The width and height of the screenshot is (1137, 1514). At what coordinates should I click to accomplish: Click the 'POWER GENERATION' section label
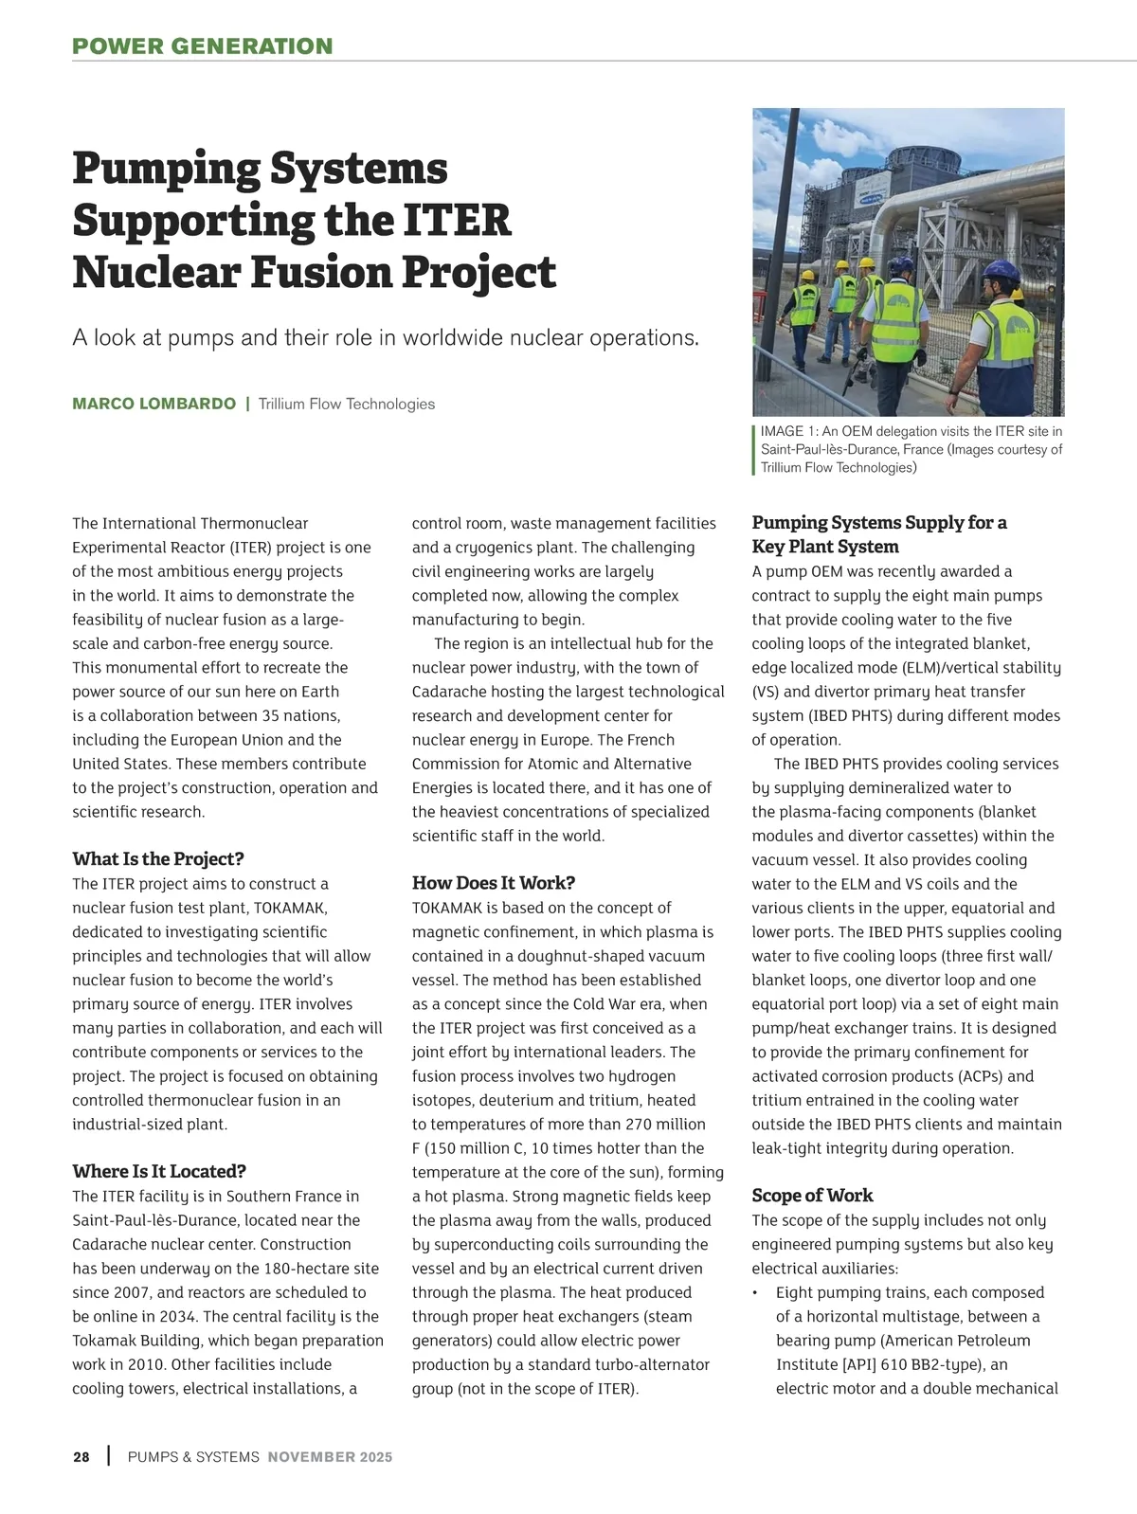[x=203, y=46]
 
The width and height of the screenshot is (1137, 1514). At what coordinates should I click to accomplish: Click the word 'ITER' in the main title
[x=458, y=220]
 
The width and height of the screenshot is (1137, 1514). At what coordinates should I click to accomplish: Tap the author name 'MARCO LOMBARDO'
[x=153, y=404]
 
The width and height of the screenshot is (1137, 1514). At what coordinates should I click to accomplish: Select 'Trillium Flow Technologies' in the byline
[x=347, y=404]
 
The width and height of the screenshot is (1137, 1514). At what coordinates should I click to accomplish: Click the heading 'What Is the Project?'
[x=158, y=859]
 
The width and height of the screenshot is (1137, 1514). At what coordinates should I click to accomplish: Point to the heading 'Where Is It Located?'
[x=159, y=1172]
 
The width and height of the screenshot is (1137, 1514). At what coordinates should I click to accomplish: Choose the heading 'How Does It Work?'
[x=494, y=883]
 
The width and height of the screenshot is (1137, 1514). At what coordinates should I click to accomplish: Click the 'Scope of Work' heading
[x=812, y=1196]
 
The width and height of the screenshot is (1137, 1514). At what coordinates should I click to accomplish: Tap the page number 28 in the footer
[x=81, y=1457]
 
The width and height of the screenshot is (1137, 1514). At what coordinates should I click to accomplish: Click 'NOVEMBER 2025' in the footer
[x=330, y=1457]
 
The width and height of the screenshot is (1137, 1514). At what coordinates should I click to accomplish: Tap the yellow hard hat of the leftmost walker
[x=808, y=276]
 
